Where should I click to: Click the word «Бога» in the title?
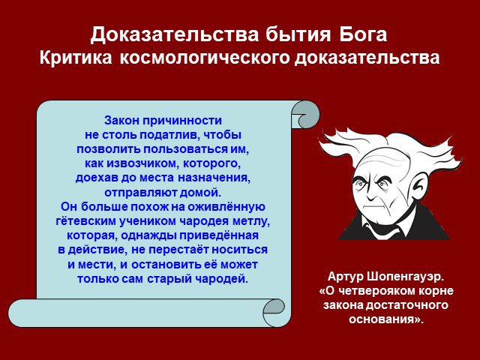[x=363, y=34]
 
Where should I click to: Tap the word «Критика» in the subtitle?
[x=76, y=57]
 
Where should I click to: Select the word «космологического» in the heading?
[x=204, y=58]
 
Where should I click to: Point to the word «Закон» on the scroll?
[x=121, y=120]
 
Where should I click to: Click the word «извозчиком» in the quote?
[x=142, y=163]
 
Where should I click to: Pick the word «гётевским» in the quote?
[x=85, y=221]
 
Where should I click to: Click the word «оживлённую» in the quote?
[x=226, y=207]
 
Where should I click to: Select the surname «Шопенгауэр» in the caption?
[x=405, y=277]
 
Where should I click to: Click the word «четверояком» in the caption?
[x=376, y=291]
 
